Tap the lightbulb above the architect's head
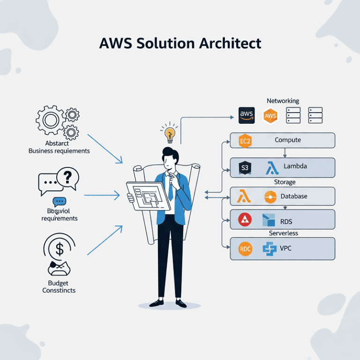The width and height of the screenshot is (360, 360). point(169,133)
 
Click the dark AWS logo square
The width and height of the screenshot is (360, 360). point(247,115)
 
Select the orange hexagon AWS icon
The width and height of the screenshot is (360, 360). point(270,115)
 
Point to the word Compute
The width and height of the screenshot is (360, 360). point(288,140)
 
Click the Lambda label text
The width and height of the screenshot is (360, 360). point(295,167)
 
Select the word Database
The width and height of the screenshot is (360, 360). point(294,196)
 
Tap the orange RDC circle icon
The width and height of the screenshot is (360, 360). point(245,248)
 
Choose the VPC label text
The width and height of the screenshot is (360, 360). point(285,248)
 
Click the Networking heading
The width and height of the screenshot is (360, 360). point(283,101)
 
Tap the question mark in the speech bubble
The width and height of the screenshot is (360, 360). point(67,176)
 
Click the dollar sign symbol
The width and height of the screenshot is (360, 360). point(60,249)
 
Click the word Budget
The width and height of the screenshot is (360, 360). point(58,283)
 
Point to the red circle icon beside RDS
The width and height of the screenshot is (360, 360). point(245,219)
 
